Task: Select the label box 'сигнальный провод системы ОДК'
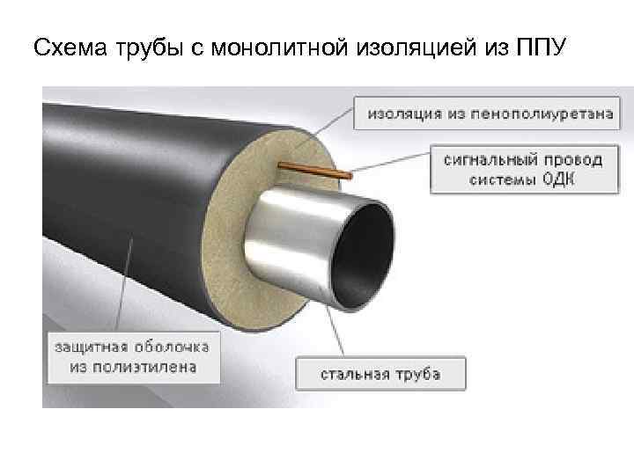coord(523,169)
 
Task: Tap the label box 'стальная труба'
coord(380,375)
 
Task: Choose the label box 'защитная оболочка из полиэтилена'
coord(134,355)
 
